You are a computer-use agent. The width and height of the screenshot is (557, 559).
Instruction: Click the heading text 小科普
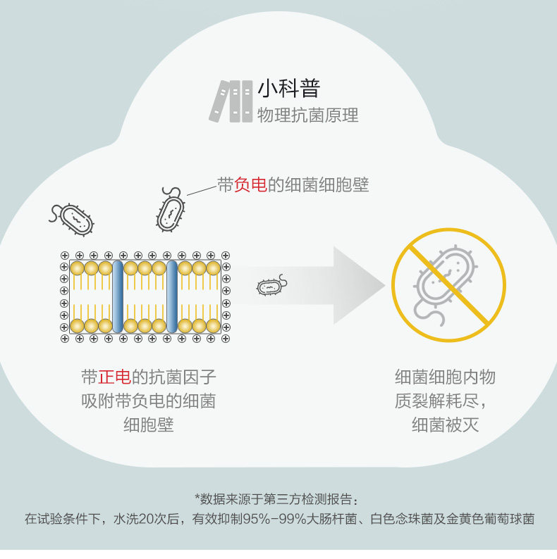288,89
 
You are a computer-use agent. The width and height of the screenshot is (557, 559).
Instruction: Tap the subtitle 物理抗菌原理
307,115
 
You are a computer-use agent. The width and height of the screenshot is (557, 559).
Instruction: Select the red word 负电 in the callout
250,185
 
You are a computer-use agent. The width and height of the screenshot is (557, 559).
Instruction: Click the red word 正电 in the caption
114,377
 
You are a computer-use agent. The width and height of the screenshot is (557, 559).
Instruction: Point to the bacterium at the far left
73,219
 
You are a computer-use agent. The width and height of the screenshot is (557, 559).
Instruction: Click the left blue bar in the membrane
118,296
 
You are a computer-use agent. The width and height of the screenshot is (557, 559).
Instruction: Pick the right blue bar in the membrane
171,296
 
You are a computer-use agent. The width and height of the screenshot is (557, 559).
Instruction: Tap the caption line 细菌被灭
445,425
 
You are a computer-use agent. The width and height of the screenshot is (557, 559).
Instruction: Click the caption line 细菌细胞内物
445,377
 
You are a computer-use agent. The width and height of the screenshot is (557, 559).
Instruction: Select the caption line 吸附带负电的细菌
148,401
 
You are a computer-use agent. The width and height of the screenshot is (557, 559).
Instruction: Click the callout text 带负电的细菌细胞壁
293,185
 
